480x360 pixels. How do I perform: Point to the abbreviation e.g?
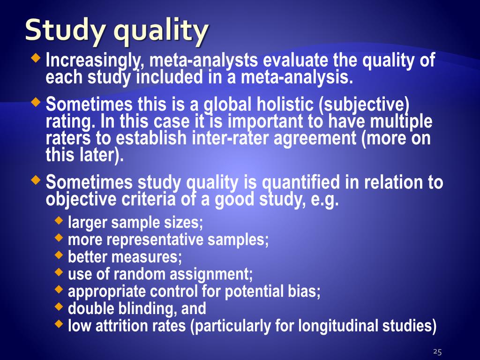(x=323, y=200)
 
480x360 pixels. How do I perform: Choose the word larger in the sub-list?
(x=87, y=223)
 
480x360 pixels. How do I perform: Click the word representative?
(x=157, y=240)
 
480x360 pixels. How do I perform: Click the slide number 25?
(x=437, y=352)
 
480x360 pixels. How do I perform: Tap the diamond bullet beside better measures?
(x=59, y=255)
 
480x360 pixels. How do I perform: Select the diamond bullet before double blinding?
(x=59, y=307)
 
